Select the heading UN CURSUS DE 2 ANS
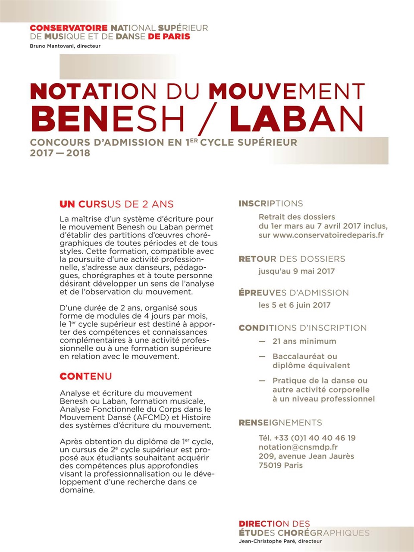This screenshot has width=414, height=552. point(116,204)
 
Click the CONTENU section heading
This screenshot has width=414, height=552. point(85,376)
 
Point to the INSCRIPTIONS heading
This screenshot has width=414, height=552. point(270,204)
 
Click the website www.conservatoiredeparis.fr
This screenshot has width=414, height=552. point(328,235)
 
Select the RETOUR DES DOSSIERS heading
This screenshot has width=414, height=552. point(292,259)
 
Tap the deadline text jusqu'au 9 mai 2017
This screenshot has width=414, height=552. point(296,271)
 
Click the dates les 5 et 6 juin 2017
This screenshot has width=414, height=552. point(295,305)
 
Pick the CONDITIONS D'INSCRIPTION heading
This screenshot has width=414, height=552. point(302,328)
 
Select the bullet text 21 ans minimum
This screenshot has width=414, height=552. point(304,341)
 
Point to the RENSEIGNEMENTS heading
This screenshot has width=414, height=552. point(280,423)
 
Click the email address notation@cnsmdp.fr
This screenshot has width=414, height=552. point(298,447)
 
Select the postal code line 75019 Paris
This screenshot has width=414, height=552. point(281,465)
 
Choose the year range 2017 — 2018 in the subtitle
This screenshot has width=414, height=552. point(60,153)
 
